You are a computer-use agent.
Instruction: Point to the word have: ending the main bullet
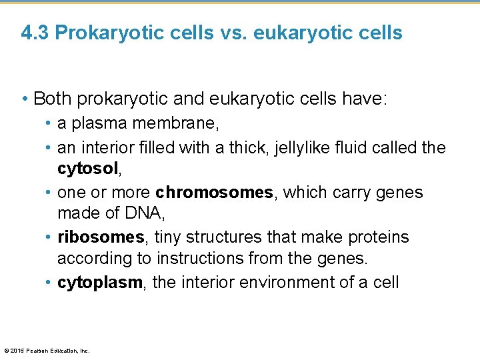tap(363, 99)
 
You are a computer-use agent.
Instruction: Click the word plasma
tap(91, 124)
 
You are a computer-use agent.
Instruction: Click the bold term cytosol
tap(87, 169)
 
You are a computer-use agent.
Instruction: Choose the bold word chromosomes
tap(214, 193)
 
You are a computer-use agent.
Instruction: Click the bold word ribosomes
tap(101, 237)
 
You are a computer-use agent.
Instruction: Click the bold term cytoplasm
tap(99, 283)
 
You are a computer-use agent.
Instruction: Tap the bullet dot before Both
tap(25, 99)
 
